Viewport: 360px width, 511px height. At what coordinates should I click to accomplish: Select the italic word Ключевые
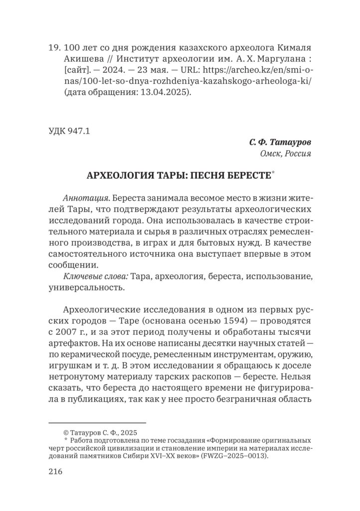pyautogui.click(x=80, y=276)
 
